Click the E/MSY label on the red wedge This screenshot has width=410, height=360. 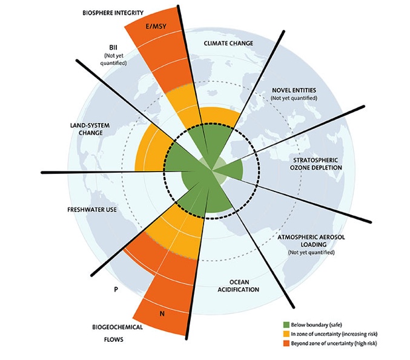[x=156, y=26]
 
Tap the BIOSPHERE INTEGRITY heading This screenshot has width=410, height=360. [x=113, y=13]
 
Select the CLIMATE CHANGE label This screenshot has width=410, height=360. [x=228, y=43]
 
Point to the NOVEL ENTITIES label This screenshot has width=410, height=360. [x=294, y=90]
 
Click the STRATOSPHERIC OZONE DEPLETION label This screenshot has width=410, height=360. [x=316, y=164]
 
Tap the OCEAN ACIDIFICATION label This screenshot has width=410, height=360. [x=239, y=285]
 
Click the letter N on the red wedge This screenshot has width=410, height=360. [x=162, y=313]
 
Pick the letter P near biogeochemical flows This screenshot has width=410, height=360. [x=116, y=289]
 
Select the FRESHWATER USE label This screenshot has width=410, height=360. [x=92, y=210]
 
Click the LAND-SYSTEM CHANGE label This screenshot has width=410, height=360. [x=90, y=129]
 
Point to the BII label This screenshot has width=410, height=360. [x=113, y=47]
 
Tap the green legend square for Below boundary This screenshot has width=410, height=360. [x=286, y=325]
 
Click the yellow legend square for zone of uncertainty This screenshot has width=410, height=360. [x=286, y=334]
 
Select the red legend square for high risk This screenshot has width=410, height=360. [x=286, y=343]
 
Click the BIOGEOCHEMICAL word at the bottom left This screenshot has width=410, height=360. [x=117, y=327]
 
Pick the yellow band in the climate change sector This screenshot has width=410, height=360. [x=220, y=115]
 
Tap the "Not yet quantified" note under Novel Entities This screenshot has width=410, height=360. [x=294, y=98]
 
